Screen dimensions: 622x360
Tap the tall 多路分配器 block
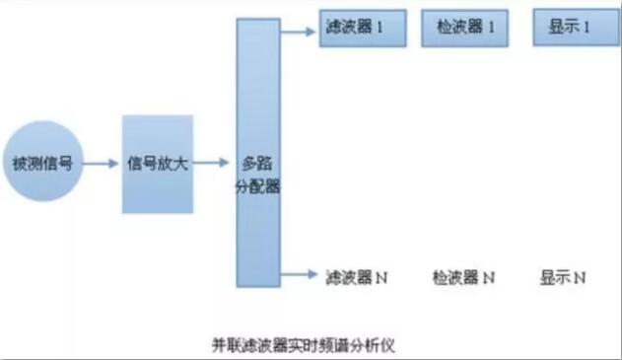pyautogui.click(x=259, y=152)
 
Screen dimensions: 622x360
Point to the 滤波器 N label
pyautogui.click(x=356, y=277)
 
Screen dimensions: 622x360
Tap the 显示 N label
pyautogui.click(x=563, y=277)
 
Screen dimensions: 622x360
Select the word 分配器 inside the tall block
pyautogui.click(x=259, y=184)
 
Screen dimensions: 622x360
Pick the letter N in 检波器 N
pyautogui.click(x=489, y=277)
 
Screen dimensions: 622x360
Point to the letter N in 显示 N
pyautogui.click(x=581, y=277)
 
